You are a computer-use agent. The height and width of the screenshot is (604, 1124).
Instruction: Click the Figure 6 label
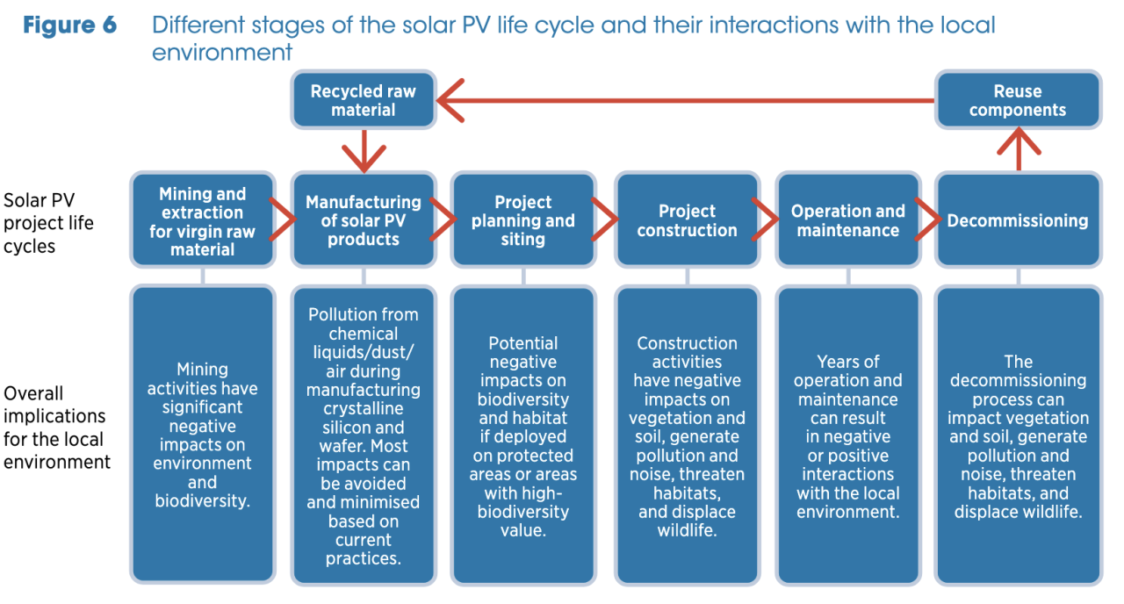pyautogui.click(x=69, y=25)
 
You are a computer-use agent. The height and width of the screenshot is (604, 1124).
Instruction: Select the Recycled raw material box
pyautogui.click(x=363, y=100)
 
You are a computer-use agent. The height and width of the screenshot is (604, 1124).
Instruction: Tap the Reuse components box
pyautogui.click(x=1017, y=100)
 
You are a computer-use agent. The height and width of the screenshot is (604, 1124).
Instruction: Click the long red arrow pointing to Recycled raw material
pyautogui.click(x=685, y=101)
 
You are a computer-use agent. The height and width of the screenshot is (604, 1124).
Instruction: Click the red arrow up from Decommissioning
pyautogui.click(x=1018, y=147)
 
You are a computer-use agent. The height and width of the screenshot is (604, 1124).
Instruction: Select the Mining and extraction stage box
pyautogui.click(x=203, y=221)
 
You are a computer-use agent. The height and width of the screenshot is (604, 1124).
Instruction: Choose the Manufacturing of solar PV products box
pyautogui.click(x=363, y=221)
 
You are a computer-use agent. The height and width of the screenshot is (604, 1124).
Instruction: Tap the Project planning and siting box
pyautogui.click(x=523, y=221)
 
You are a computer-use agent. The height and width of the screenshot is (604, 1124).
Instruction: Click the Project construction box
pyautogui.click(x=687, y=221)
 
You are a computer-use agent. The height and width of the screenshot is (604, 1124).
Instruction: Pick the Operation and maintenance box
pyautogui.click(x=847, y=221)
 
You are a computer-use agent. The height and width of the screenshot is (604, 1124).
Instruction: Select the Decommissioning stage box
pyautogui.click(x=1017, y=221)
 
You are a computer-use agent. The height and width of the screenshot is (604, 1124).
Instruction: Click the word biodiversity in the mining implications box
pyautogui.click(x=202, y=501)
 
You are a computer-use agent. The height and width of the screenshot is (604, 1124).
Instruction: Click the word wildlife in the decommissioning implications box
pyautogui.click(x=1049, y=512)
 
